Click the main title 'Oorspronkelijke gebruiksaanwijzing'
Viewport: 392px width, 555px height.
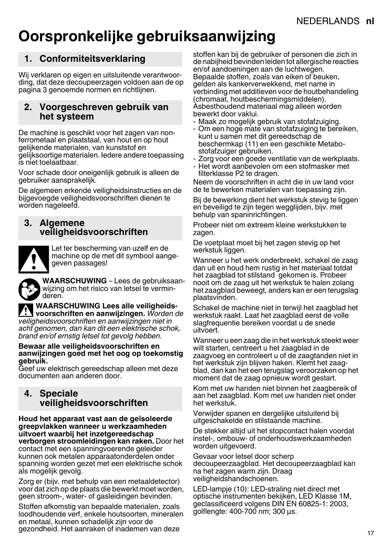(147, 36)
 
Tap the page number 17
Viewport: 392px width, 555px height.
(370, 533)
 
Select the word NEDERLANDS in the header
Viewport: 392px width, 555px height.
(328, 21)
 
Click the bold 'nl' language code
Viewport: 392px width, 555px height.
(370, 21)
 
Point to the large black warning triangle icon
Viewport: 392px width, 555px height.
(34, 260)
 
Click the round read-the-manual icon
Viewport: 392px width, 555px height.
(29, 289)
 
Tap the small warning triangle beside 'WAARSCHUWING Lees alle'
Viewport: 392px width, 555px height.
(26, 310)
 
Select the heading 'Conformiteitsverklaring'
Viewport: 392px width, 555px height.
(92, 59)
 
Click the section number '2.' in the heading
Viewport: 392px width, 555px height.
(28, 107)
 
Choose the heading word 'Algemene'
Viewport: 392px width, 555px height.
(62, 223)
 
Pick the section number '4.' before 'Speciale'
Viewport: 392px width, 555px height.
(28, 393)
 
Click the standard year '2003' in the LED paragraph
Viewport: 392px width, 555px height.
(339, 504)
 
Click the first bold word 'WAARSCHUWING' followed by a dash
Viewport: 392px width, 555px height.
(74, 281)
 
